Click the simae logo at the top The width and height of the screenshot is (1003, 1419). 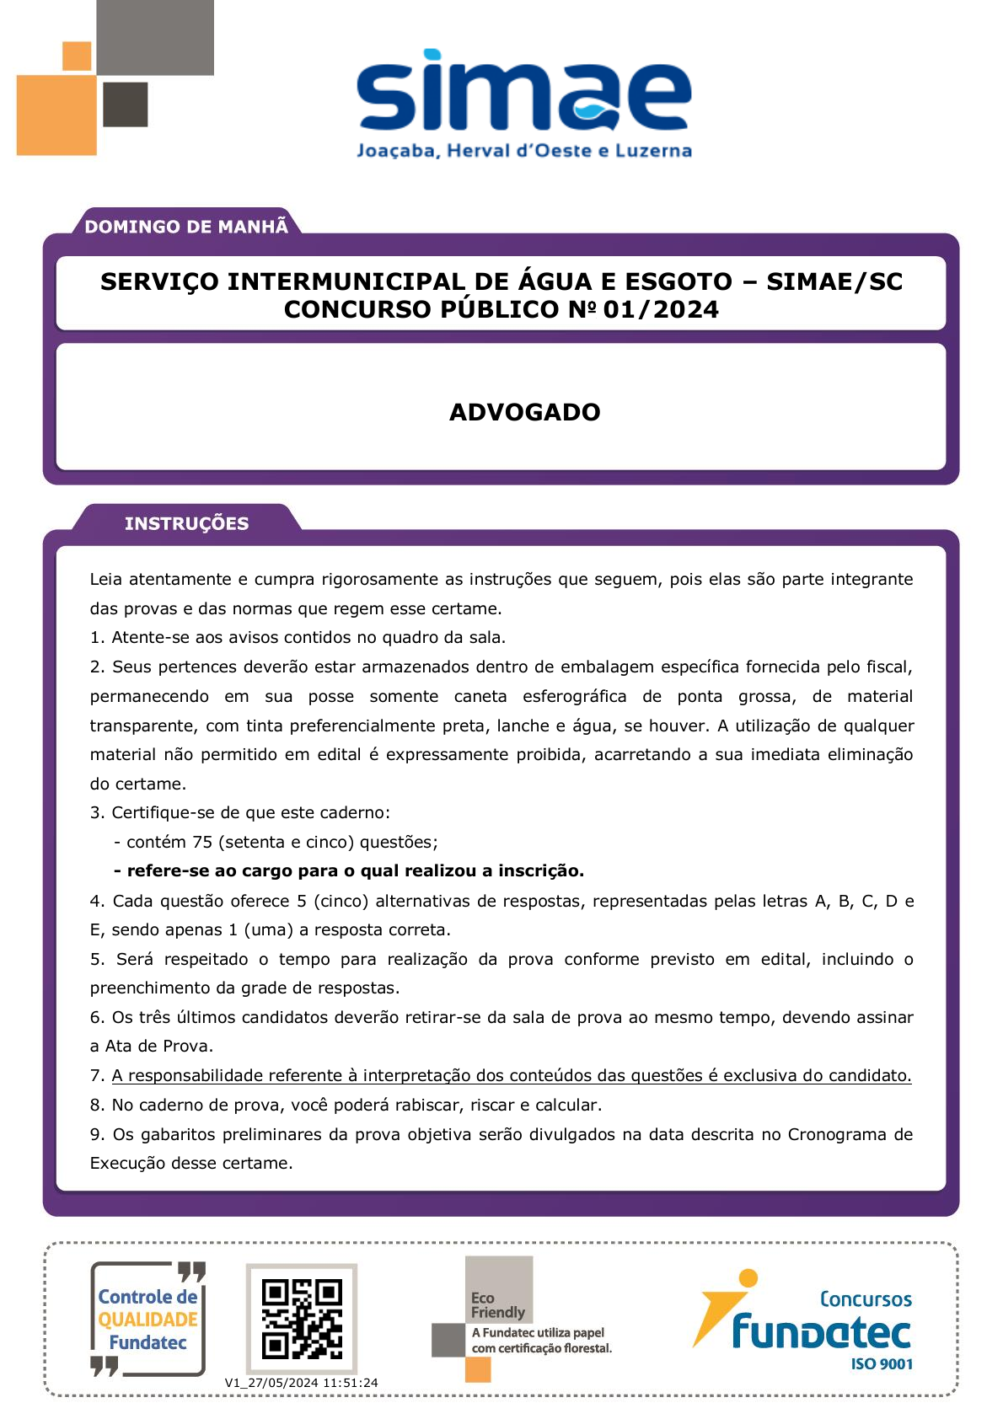coord(523,91)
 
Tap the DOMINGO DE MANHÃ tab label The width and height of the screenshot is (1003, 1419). coord(186,226)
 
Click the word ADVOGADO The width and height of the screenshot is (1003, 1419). coord(524,412)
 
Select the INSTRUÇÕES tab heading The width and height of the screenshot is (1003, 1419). coord(186,523)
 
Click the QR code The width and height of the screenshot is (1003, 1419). coord(302,1319)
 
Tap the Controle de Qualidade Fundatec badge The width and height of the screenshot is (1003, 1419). coord(147,1320)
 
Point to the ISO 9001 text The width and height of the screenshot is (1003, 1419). coord(882,1364)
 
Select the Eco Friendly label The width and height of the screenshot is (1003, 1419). coord(497,1305)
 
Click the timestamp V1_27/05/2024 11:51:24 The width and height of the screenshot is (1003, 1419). coord(301,1383)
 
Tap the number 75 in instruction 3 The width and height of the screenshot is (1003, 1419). coord(202,842)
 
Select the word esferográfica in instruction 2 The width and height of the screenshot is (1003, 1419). coord(574,696)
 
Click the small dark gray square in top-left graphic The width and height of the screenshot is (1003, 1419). coord(126,104)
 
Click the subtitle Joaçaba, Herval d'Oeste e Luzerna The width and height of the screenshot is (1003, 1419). coord(523,151)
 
